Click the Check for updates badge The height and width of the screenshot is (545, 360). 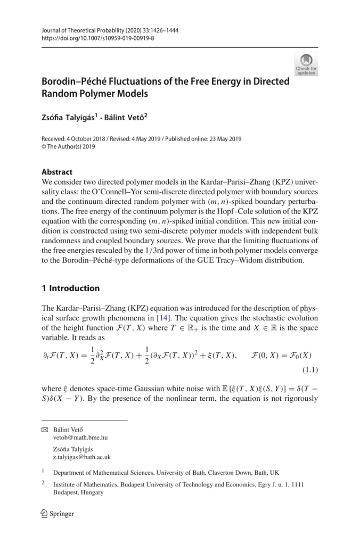(x=306, y=64)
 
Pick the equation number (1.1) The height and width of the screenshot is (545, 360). (x=308, y=368)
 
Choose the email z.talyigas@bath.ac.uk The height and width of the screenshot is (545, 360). (x=81, y=457)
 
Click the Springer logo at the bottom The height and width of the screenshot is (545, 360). (x=58, y=514)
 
